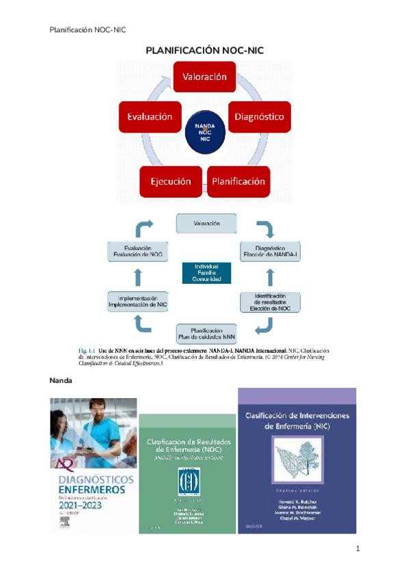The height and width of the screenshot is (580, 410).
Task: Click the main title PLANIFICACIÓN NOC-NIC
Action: tap(204, 51)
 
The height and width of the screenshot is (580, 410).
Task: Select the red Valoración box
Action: tap(204, 77)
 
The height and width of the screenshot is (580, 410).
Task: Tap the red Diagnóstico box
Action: tap(259, 117)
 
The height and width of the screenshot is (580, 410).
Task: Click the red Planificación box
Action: tap(238, 182)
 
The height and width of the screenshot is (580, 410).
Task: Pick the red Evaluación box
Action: tap(150, 117)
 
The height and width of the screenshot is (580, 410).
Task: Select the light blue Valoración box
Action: tap(206, 223)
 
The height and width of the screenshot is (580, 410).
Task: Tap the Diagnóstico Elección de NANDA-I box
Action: tap(270, 250)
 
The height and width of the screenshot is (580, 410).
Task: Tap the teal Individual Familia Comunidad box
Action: tap(206, 273)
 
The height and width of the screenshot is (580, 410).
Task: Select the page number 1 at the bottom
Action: tap(357, 548)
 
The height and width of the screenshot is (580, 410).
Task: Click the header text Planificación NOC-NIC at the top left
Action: tap(88, 29)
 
